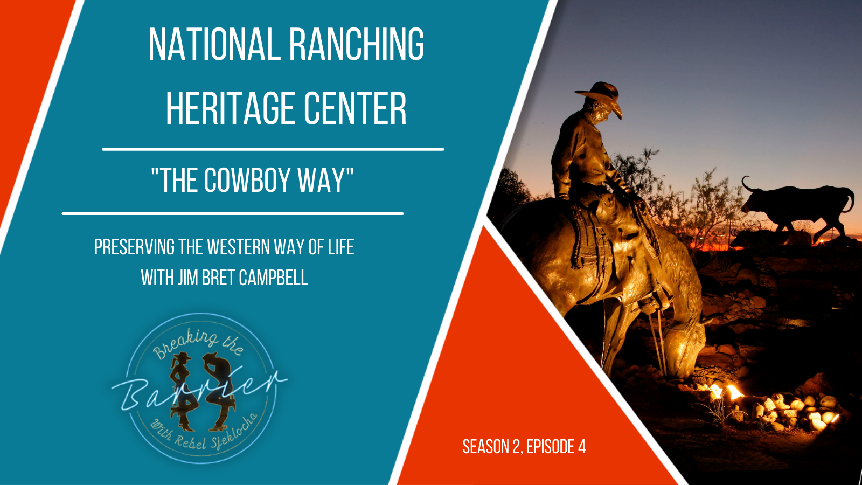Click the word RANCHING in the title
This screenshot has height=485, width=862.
(356, 44)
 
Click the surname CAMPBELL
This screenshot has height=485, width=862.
(273, 278)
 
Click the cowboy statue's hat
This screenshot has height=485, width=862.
(599, 97)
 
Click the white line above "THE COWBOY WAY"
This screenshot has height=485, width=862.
(273, 149)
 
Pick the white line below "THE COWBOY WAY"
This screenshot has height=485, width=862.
(232, 213)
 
